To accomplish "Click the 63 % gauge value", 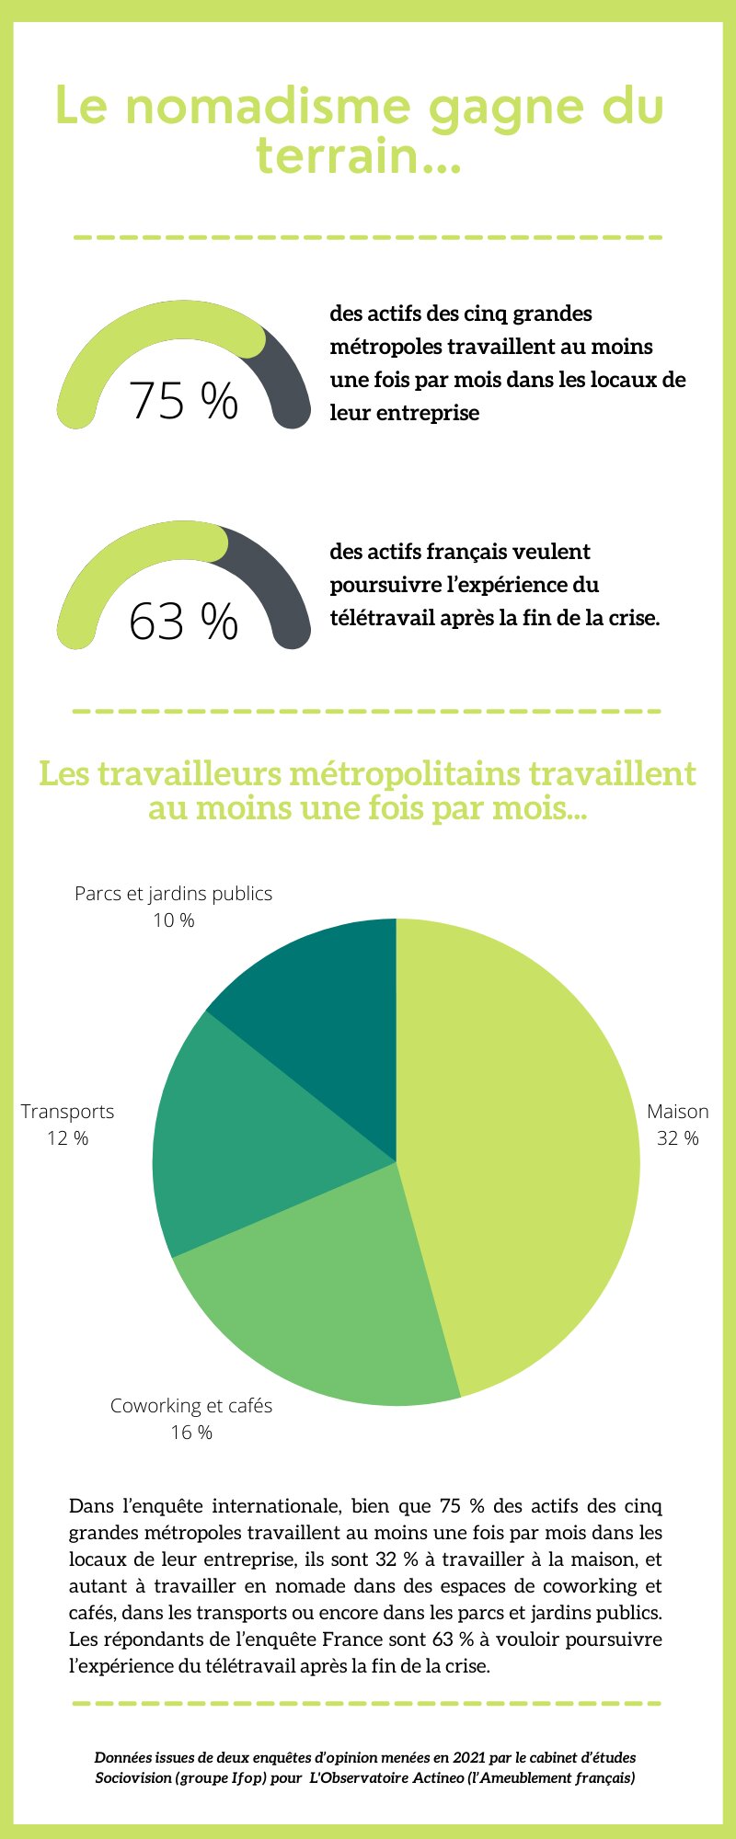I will pos(183,622).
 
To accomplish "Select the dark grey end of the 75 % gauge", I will pos(290,386).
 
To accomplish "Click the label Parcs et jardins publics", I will pos(173,894).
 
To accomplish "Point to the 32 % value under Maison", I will pos(677,1138).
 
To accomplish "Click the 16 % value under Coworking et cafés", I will pos(191,1433).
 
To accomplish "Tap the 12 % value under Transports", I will pos(68,1138).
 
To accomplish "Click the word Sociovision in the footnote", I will pos(132,1778).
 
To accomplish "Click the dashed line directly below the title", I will pos(368,237).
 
